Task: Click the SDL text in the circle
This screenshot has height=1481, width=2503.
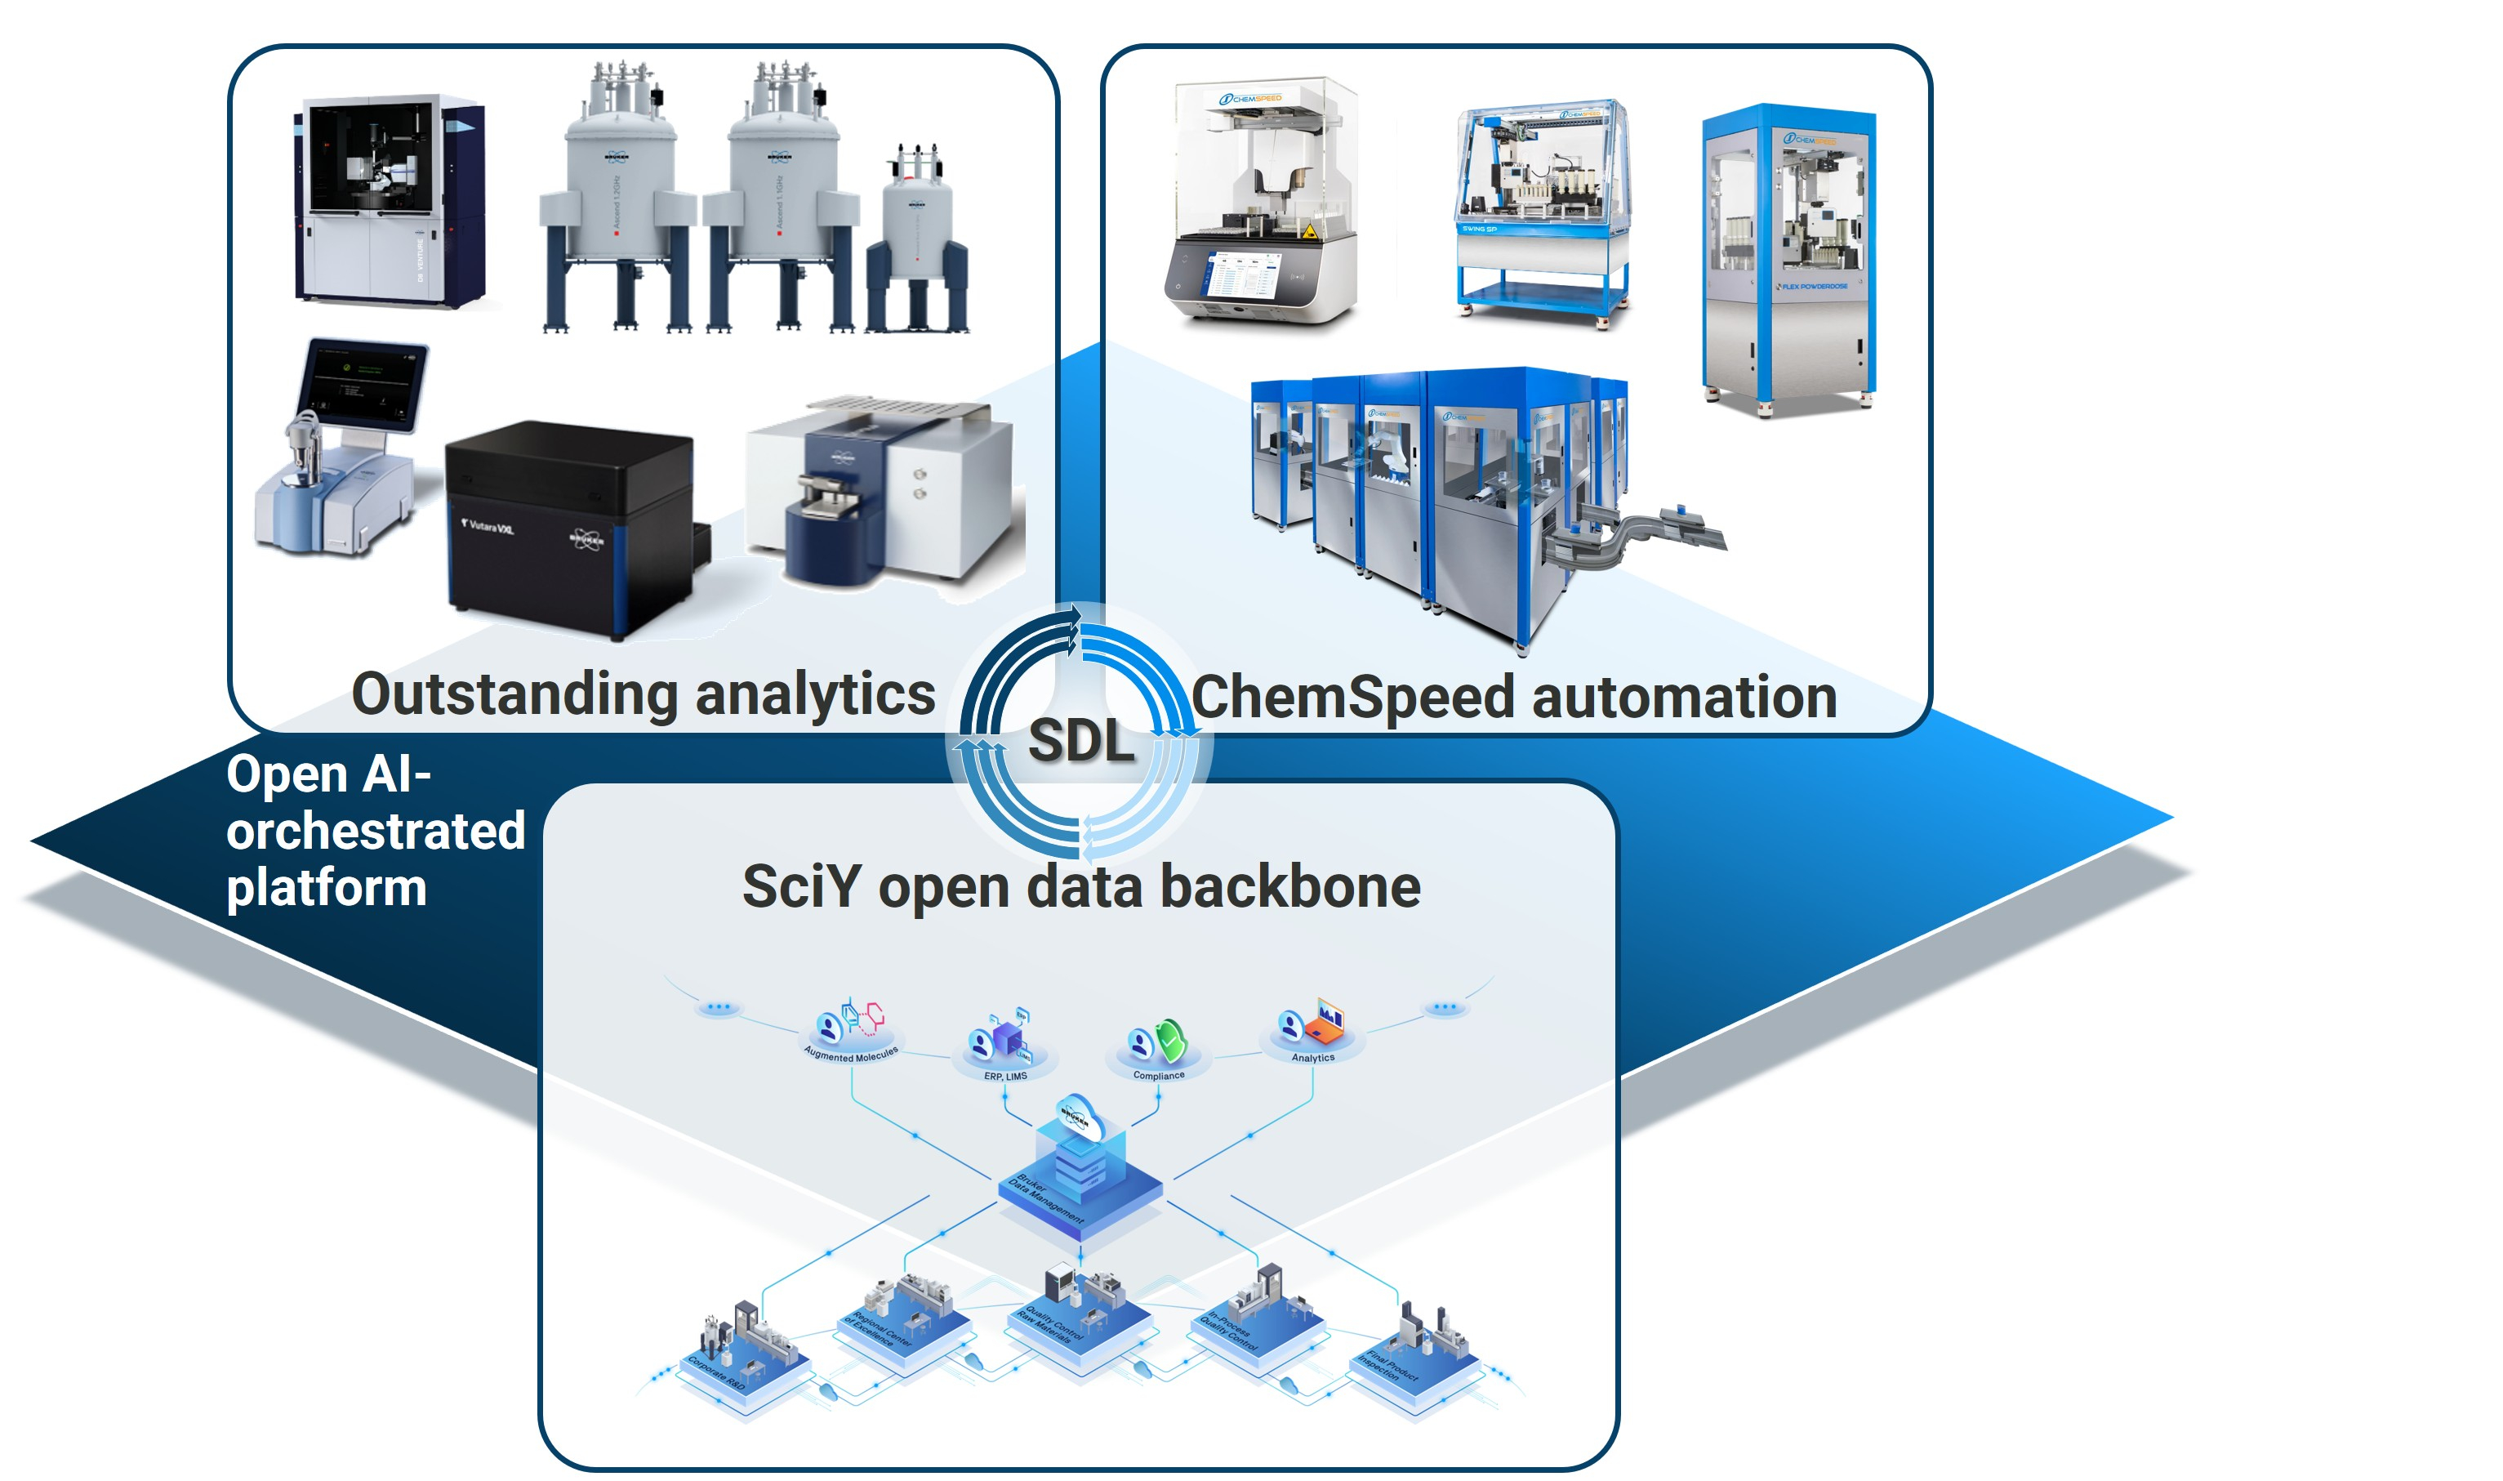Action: click(1080, 742)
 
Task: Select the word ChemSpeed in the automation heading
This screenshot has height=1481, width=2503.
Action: click(1352, 698)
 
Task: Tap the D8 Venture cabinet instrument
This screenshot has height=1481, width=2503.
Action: click(389, 199)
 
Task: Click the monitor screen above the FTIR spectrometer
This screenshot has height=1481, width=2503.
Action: click(363, 384)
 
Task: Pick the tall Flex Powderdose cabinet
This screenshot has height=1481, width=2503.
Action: click(1788, 260)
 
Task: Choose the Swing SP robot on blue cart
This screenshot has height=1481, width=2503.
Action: click(1541, 210)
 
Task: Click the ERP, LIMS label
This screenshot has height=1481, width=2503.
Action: click(1004, 1076)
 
